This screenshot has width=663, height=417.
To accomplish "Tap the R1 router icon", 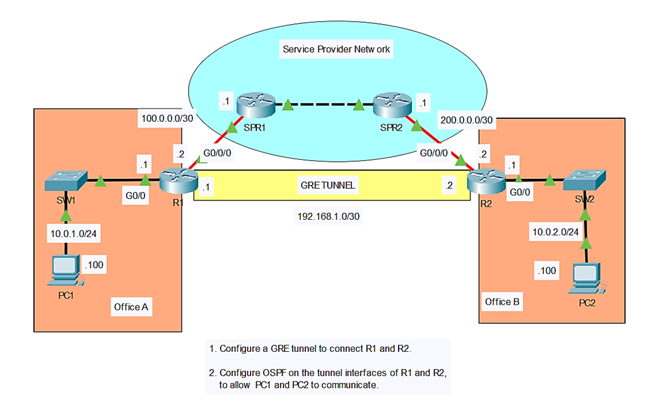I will [x=175, y=182].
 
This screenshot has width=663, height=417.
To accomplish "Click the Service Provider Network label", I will [x=337, y=49].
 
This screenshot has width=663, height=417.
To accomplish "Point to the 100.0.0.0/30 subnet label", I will [x=167, y=118].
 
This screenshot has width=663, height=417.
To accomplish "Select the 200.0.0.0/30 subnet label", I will [x=465, y=118].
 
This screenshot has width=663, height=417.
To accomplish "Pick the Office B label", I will [x=502, y=301].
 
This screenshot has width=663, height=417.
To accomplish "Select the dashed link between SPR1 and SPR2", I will [x=323, y=104].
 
